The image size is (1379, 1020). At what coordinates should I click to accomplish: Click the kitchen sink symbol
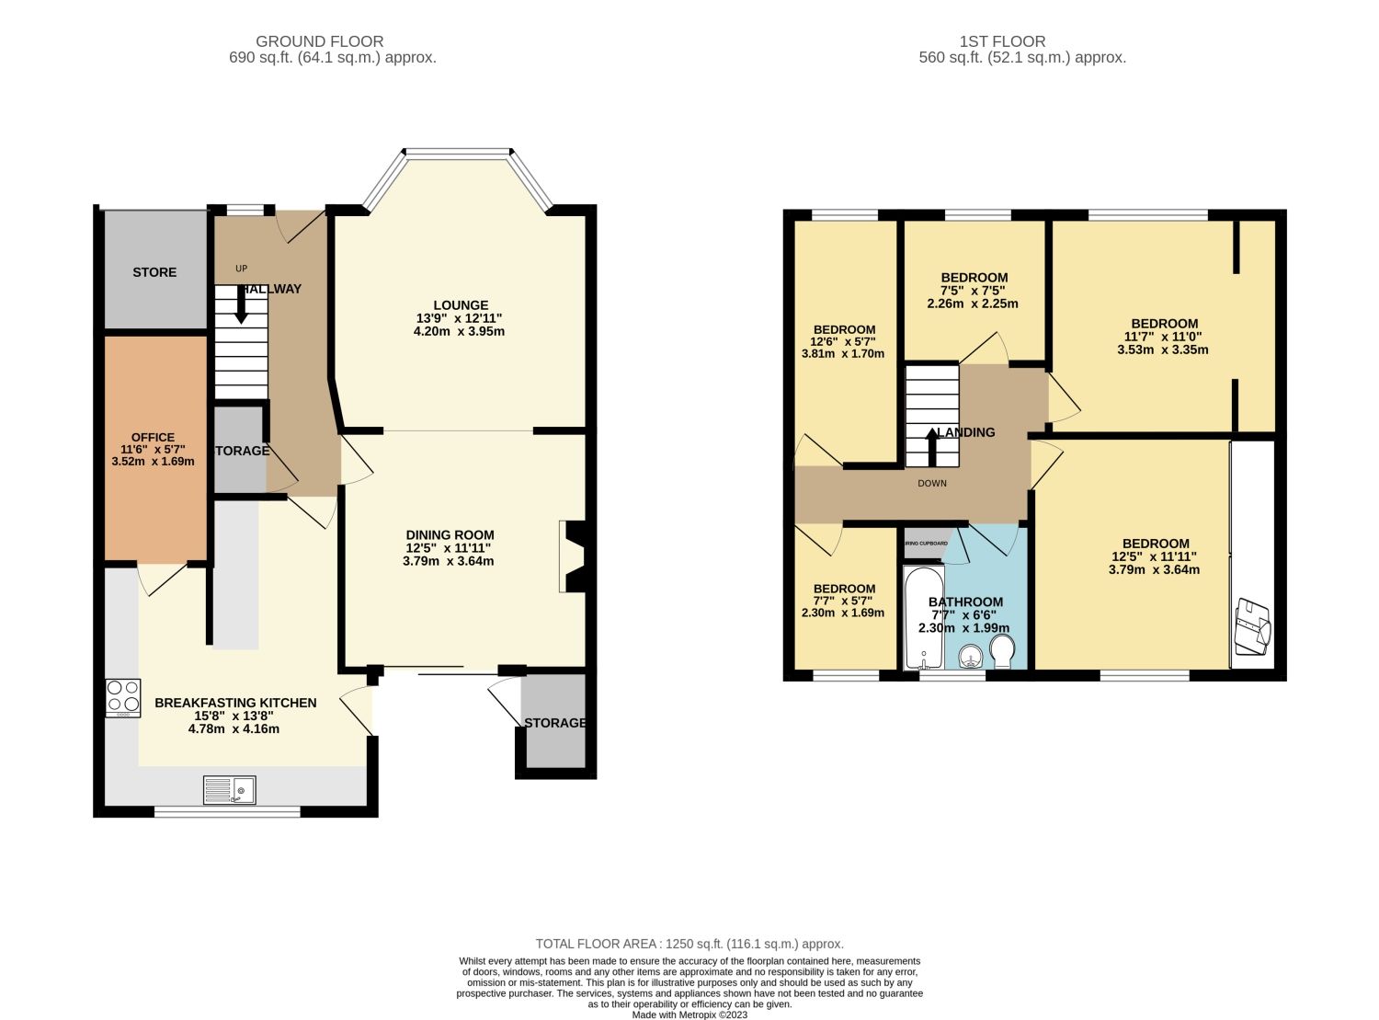(230, 789)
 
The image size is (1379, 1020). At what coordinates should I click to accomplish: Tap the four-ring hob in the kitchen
(123, 697)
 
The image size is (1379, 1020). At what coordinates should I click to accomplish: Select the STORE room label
(154, 272)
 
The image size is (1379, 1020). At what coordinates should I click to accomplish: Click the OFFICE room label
(153, 438)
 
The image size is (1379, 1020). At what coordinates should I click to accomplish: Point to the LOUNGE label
(461, 305)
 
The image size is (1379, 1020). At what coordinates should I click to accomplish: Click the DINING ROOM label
(450, 535)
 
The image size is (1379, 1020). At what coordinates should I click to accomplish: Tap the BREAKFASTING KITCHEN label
(235, 703)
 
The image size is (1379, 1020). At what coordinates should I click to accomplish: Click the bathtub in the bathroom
(923, 618)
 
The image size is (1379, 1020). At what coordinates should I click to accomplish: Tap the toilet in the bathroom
(1003, 654)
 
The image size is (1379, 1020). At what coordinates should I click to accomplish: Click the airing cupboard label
(927, 544)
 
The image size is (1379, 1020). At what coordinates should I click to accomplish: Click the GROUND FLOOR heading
(319, 41)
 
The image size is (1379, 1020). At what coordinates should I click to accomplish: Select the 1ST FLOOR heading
(1002, 41)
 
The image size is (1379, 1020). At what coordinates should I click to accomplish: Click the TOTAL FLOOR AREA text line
(689, 944)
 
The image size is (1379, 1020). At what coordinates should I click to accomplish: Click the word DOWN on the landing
(931, 483)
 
